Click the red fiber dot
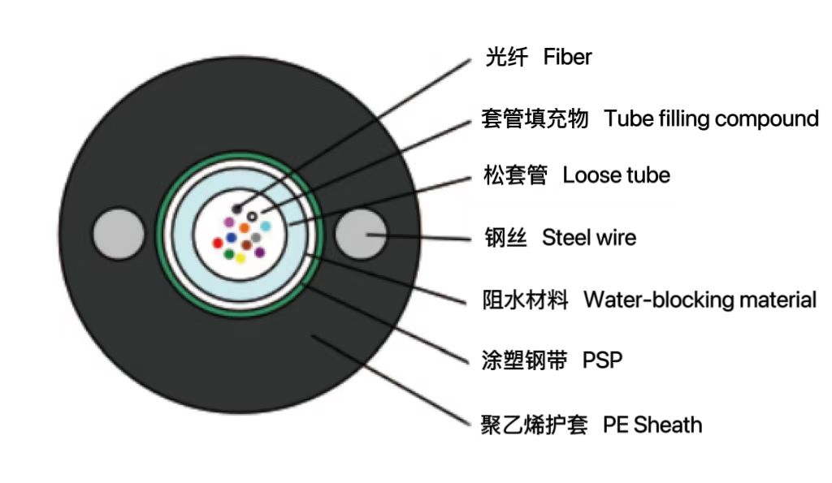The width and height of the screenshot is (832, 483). [218, 242]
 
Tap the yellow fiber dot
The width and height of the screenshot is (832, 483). [240, 258]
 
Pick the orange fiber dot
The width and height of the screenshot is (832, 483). [244, 228]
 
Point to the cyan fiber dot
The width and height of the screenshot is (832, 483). [265, 226]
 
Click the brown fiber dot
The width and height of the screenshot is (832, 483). [246, 244]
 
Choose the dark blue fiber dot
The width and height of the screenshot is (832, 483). [232, 238]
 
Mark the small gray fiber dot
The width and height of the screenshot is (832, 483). [256, 237]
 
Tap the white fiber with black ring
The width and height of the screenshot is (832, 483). [253, 217]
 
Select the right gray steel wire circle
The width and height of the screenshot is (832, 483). [362, 235]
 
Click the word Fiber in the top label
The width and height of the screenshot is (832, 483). [567, 58]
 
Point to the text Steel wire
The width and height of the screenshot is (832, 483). [589, 238]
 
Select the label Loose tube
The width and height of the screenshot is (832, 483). [616, 175]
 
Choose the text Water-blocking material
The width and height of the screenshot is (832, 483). [700, 300]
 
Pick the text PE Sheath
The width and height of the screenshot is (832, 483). [652, 424]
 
